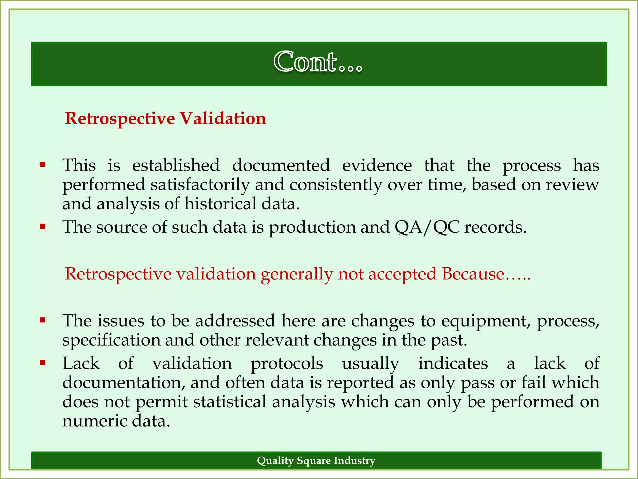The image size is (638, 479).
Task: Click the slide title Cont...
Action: pos(318,62)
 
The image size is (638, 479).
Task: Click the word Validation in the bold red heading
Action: pos(223,119)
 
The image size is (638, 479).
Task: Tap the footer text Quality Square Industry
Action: pos(316,461)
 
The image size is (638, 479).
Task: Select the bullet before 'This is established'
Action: pos(43,164)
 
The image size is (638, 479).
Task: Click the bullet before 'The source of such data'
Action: pos(43,226)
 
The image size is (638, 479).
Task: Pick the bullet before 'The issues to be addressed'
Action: pos(43,320)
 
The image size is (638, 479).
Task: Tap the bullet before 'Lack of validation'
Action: pos(43,363)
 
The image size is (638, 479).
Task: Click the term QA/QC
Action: pos(427,227)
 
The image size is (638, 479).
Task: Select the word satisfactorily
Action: pos(200,185)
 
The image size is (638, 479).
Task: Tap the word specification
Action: pos(111,340)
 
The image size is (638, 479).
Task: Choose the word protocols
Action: pos(287,364)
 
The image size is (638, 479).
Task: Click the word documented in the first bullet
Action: pos(281,165)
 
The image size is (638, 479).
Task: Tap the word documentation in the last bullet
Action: pos(121,383)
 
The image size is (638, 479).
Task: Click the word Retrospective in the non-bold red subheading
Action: pos(118,274)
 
